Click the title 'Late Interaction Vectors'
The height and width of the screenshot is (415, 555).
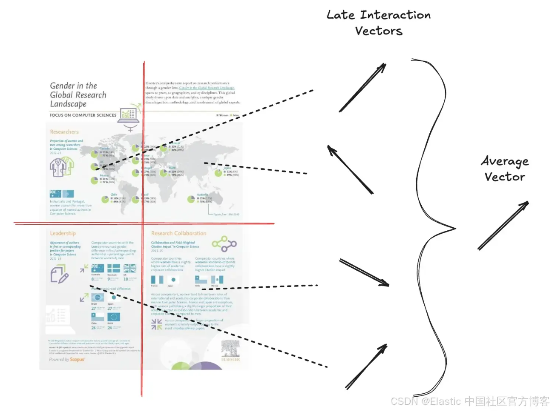tap(378, 23)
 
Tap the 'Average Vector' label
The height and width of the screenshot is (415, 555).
tap(505, 169)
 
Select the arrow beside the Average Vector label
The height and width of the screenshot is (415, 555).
tap(503, 225)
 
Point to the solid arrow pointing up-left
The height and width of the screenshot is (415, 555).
tap(350, 169)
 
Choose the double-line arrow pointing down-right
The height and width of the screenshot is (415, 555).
tap(365, 272)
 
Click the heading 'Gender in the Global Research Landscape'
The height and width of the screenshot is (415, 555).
tap(78, 95)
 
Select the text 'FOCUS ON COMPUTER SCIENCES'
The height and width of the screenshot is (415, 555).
tap(83, 115)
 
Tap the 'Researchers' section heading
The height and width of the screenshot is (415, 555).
tap(64, 132)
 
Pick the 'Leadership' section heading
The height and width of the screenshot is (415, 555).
tap(63, 233)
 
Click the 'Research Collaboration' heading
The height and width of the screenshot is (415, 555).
tap(178, 233)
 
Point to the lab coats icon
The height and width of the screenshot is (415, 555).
tap(62, 166)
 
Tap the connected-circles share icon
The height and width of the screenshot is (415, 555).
tap(224, 244)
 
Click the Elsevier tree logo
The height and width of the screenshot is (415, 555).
tap(230, 349)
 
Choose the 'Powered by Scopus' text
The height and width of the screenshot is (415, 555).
tap(67, 360)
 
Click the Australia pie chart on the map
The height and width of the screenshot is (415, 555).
tap(191, 199)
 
